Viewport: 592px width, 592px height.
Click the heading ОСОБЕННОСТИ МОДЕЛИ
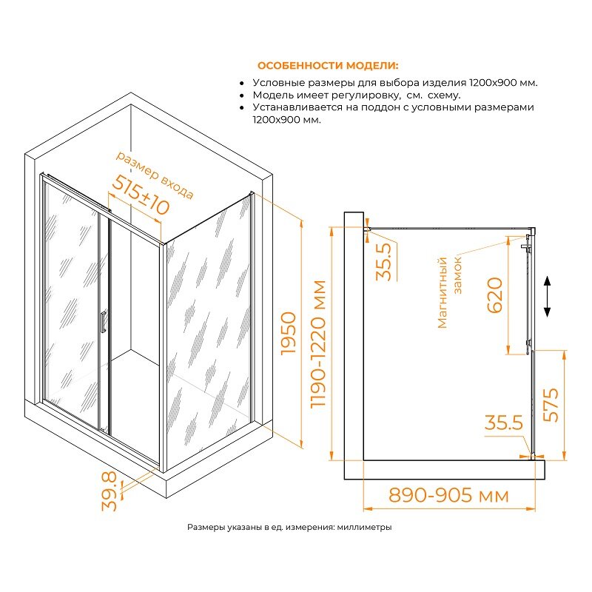328,66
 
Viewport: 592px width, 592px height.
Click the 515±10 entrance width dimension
141,195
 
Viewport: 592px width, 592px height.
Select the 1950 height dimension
289,333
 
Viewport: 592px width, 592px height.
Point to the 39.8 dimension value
110,491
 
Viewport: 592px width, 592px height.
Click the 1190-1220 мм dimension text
318,343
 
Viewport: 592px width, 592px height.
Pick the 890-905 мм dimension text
448,495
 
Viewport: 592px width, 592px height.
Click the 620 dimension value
494,295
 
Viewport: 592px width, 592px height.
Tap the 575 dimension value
551,404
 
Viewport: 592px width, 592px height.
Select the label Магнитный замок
449,292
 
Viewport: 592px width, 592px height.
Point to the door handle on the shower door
103,322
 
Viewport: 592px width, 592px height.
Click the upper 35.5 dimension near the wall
384,262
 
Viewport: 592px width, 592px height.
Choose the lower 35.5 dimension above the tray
504,423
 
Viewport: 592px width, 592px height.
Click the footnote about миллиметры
289,527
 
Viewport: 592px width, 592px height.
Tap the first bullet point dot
242,84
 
